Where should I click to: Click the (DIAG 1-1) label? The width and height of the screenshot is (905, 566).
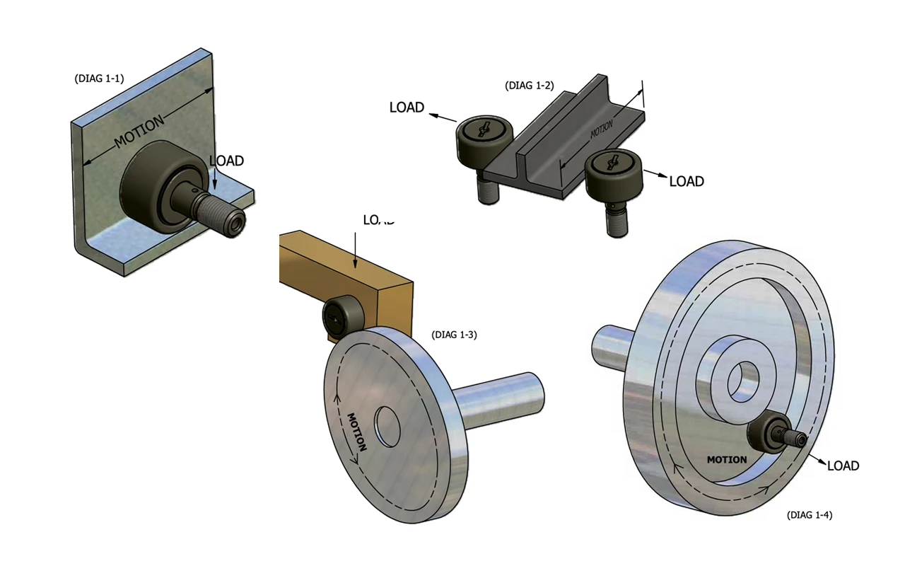coord(99,79)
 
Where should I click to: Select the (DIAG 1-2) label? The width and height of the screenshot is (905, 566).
coord(529,86)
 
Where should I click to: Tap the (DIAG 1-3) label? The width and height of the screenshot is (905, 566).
coord(454,335)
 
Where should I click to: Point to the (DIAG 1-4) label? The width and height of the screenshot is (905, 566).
coord(809,515)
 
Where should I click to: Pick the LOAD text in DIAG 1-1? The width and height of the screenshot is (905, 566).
coord(226,161)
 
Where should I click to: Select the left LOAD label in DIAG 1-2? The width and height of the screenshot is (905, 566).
coord(407,108)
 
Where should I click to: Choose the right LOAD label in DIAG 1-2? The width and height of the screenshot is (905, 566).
coord(687,182)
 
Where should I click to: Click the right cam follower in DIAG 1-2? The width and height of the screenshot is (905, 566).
coord(612,173)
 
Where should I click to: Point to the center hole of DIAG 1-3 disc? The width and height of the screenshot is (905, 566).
coord(387,424)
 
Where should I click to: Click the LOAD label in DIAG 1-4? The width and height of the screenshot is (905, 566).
coord(843,466)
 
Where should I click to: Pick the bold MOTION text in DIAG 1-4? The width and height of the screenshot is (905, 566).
coord(727,460)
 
